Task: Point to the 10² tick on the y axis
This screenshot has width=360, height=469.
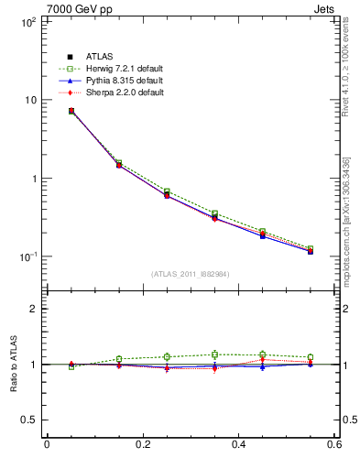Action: (28, 22)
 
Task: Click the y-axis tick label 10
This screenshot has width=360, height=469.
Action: (30, 100)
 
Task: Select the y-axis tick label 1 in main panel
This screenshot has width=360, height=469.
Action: (34, 179)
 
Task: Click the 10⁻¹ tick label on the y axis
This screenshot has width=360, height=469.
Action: (28, 256)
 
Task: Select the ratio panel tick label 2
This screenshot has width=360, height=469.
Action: (34, 309)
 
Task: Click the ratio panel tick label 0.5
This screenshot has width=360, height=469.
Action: (30, 420)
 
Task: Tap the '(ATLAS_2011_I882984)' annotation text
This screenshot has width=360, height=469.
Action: (191, 274)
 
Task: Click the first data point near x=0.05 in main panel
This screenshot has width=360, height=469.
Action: (71, 111)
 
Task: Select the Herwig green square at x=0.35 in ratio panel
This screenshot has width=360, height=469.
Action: (214, 354)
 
